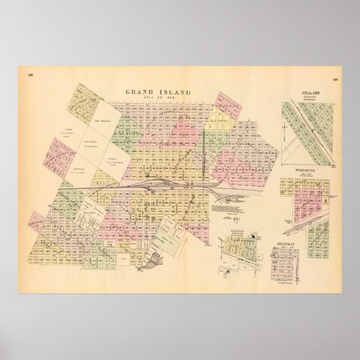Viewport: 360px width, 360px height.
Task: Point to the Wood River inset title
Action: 306,170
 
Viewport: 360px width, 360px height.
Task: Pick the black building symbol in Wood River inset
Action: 325,200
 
